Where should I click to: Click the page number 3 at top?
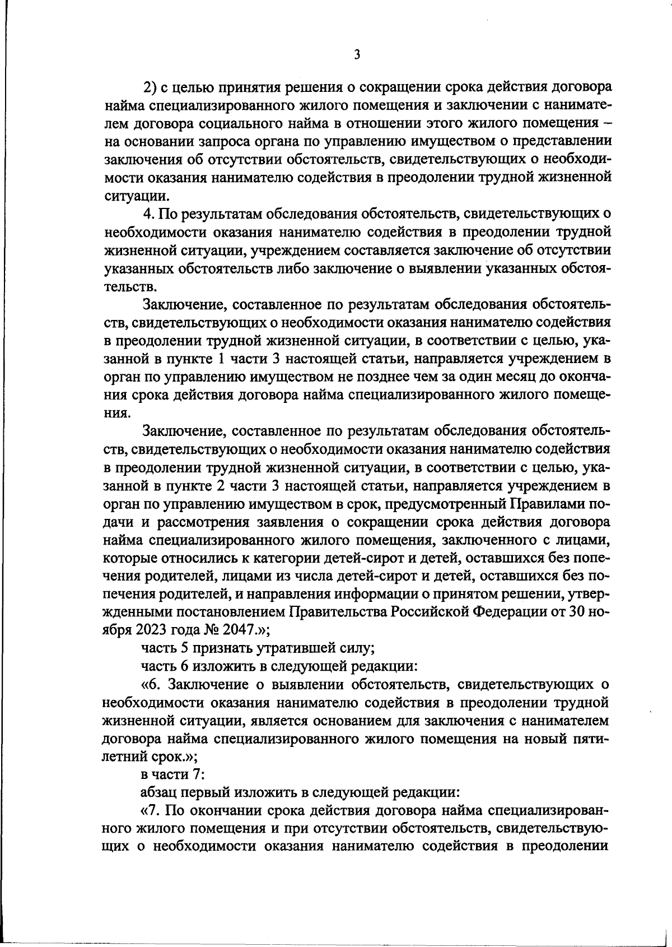point(357,55)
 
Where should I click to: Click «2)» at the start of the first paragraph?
point(151,87)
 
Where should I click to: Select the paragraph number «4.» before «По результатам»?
point(148,214)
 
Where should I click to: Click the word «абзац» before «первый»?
point(156,793)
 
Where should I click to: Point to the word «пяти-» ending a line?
point(589,739)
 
